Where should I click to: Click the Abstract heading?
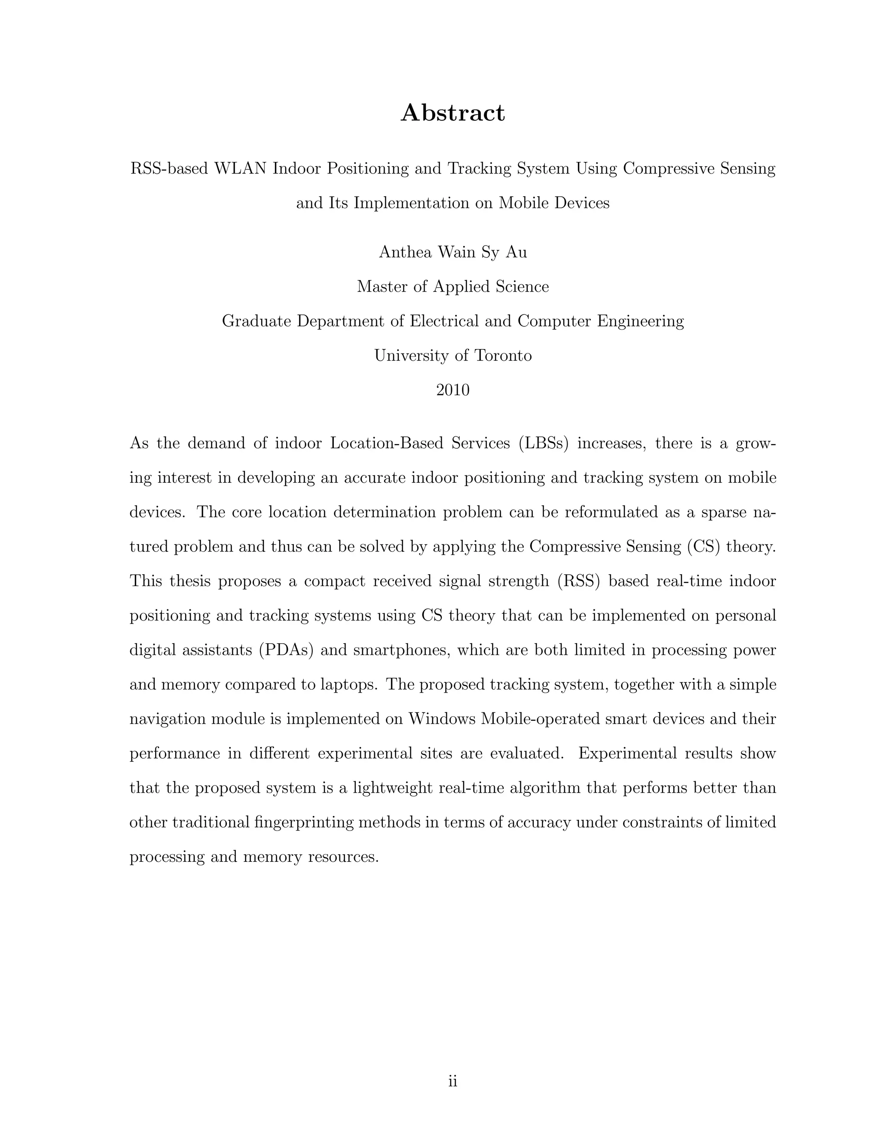(452, 113)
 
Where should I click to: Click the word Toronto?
(503, 356)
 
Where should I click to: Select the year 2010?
(452, 390)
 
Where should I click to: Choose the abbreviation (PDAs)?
(286, 650)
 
